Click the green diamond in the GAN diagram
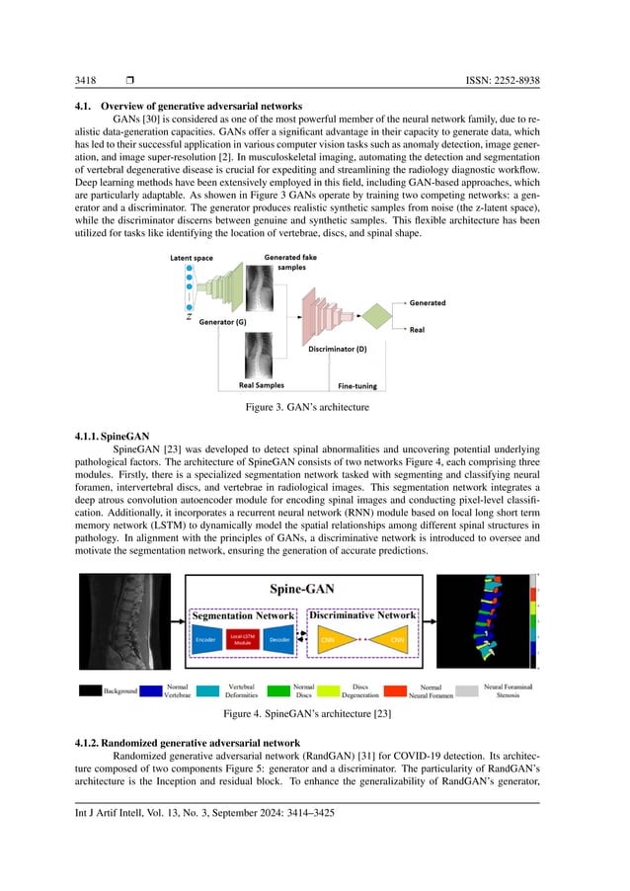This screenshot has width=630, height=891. point(375,316)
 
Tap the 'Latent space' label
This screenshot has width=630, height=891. point(191,259)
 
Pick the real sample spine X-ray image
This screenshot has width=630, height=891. point(260,354)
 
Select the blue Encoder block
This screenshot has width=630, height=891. point(206,639)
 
